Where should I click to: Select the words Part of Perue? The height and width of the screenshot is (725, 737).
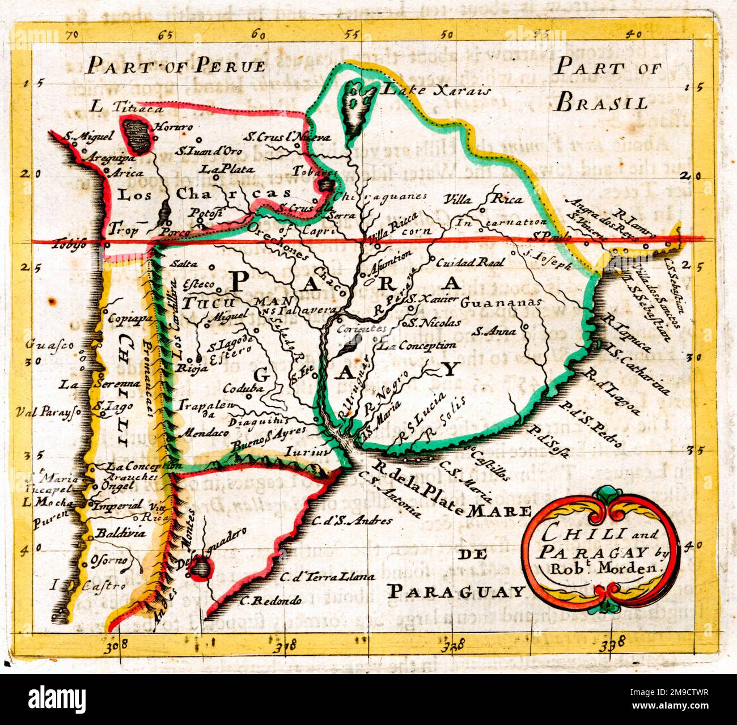[176, 66]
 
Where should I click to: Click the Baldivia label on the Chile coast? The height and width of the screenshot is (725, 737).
[120, 533]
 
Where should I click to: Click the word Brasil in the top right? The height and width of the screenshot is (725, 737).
[602, 103]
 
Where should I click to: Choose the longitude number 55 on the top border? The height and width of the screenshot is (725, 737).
[353, 34]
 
